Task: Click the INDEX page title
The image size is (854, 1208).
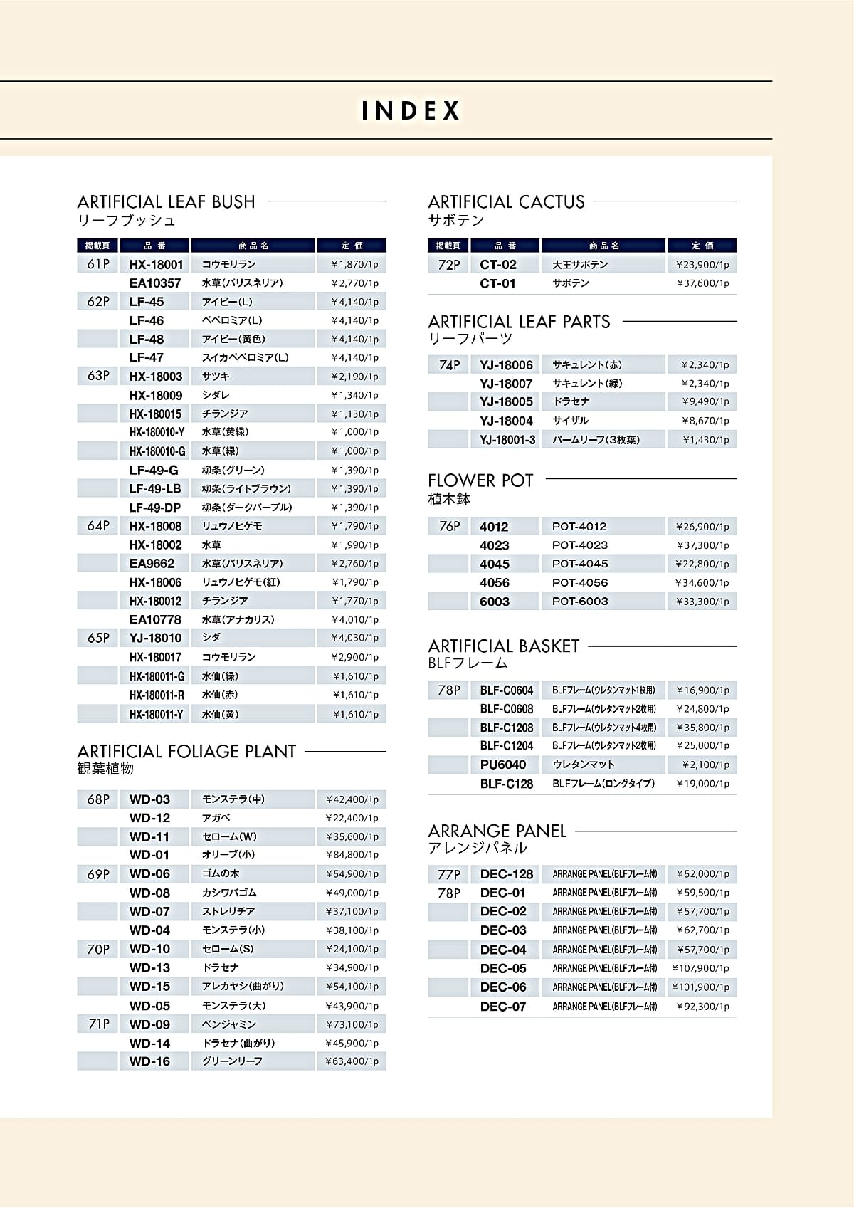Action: click(411, 111)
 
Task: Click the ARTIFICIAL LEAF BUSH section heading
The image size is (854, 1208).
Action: click(166, 202)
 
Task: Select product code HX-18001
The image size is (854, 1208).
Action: click(156, 265)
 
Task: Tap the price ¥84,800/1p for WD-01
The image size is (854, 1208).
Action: click(352, 855)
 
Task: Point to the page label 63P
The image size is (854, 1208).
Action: click(98, 376)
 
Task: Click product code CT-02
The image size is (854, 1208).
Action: click(498, 265)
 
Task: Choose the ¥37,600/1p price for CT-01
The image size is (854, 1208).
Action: click(702, 283)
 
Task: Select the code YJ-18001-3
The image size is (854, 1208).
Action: click(507, 440)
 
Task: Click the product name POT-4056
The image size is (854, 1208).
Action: click(580, 582)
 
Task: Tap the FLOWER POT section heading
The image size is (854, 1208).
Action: click(480, 480)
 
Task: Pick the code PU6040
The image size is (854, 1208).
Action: click(502, 765)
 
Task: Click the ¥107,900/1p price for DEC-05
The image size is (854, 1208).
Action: click(700, 968)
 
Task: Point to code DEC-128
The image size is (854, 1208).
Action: click(506, 874)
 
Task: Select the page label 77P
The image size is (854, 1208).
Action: click(449, 874)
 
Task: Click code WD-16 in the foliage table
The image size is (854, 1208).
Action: click(149, 1061)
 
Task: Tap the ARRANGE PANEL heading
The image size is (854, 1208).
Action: click(497, 831)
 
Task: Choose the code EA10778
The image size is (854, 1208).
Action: click(155, 620)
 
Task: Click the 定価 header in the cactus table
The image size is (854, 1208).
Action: click(702, 246)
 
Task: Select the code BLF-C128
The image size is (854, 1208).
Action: click(506, 784)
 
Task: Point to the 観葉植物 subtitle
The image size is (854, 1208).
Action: click(105, 769)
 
